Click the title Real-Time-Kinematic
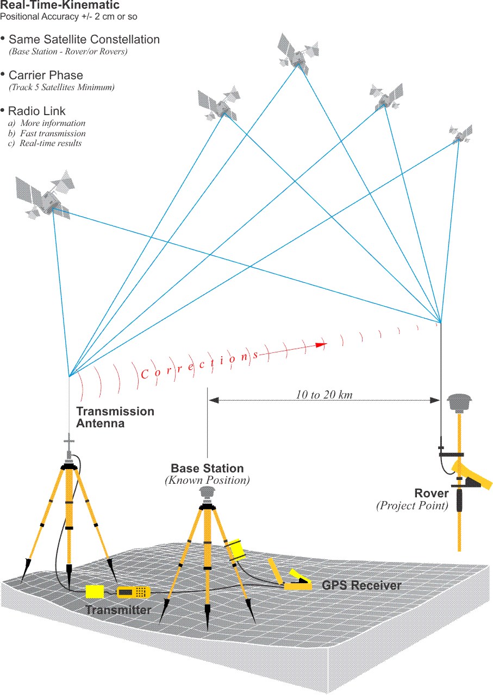click(x=60, y=6)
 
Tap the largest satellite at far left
click(x=46, y=196)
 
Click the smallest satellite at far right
click(x=461, y=133)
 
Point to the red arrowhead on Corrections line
click(x=321, y=344)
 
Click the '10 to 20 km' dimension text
click(x=324, y=395)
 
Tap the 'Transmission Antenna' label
click(x=115, y=417)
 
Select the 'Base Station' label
click(x=207, y=468)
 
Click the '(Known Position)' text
click(x=207, y=481)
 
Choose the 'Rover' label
click(x=431, y=494)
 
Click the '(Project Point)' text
click(x=412, y=506)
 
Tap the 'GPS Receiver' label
click(x=361, y=585)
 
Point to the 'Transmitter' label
click(x=118, y=610)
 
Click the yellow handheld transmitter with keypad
click(x=133, y=591)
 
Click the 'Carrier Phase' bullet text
click(x=46, y=75)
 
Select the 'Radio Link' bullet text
click(x=36, y=111)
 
